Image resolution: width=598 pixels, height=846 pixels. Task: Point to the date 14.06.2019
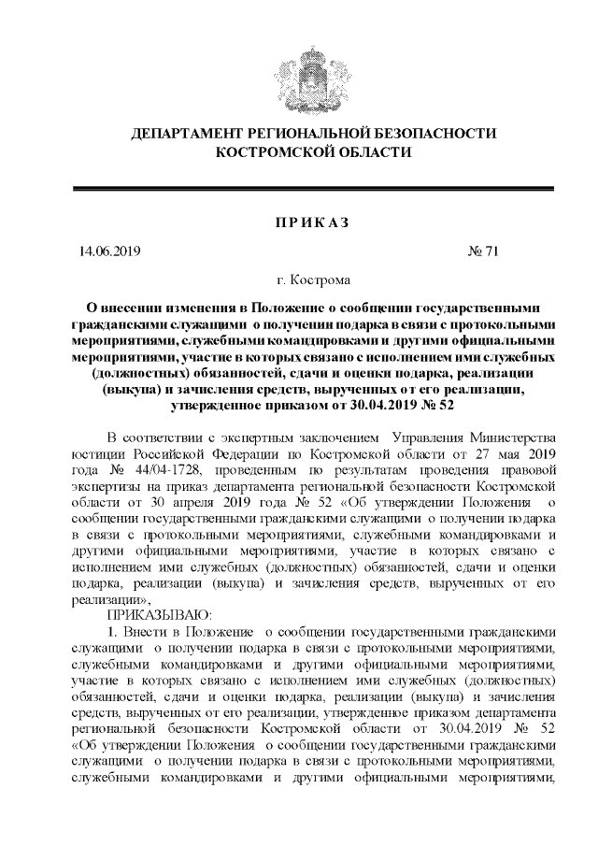pos(109,251)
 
